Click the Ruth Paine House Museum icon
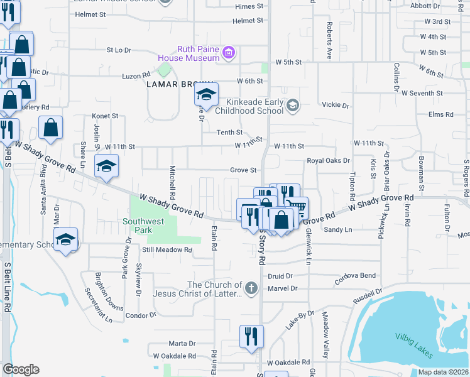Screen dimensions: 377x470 coord(229,53)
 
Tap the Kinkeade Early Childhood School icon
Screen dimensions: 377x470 coord(292,106)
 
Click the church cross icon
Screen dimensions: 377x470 coord(250,289)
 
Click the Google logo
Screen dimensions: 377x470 coord(21,369)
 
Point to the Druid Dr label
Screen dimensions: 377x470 coord(280,276)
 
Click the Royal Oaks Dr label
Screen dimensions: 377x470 coord(328,160)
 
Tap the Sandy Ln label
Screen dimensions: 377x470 coord(337,230)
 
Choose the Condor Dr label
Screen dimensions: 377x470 coord(140,315)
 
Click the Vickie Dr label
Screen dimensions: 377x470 coord(334,104)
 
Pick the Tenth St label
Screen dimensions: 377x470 coord(229,133)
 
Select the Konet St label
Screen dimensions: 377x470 coord(105,116)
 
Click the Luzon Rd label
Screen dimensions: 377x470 coord(136,76)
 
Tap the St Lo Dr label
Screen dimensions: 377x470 coord(119,49)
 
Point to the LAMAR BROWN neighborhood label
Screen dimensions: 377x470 coord(173,84)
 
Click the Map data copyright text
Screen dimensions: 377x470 coord(442,372)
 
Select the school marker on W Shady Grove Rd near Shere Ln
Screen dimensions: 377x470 coord(107,167)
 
